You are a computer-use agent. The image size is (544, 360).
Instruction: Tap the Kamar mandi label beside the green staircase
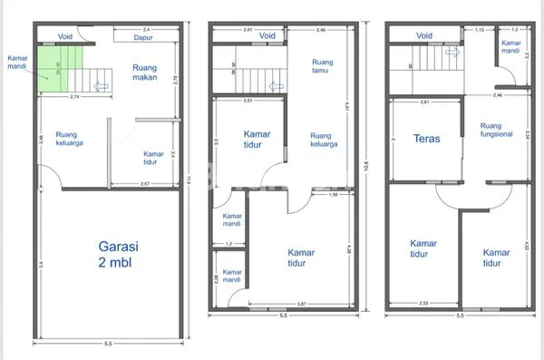pos(17,61)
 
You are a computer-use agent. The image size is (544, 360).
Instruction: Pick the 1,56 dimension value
pos(333,194)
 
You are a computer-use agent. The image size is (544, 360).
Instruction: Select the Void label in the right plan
pos(424,36)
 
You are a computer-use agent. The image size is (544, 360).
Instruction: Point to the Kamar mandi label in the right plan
pos(511,46)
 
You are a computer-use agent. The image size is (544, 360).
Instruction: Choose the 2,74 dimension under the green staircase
pos(76,94)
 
